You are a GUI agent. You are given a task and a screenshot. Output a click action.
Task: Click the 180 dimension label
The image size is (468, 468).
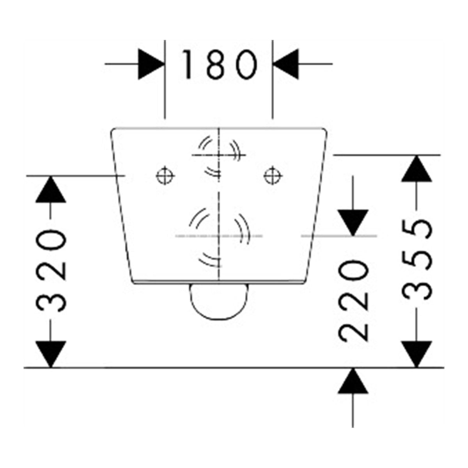220,64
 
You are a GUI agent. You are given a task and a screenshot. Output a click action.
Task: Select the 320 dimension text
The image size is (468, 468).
51,270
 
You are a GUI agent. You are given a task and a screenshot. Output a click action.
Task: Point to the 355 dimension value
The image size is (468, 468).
417,260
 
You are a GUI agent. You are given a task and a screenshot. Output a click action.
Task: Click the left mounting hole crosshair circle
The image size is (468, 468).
165,175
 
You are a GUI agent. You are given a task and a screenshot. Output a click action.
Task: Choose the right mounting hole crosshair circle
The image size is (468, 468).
273,175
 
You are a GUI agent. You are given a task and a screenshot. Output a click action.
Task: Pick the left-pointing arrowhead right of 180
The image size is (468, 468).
285,64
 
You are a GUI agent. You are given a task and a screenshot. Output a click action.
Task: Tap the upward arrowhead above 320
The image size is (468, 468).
51,189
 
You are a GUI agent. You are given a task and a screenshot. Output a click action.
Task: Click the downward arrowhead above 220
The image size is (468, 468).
353,222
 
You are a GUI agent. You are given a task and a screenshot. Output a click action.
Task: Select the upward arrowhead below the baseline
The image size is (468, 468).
353,381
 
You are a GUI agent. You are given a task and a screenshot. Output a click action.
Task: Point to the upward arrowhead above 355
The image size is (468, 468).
417,168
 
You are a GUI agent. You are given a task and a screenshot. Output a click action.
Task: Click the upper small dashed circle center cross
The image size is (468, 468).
219,155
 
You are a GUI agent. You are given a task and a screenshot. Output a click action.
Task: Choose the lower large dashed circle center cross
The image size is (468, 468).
219,236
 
